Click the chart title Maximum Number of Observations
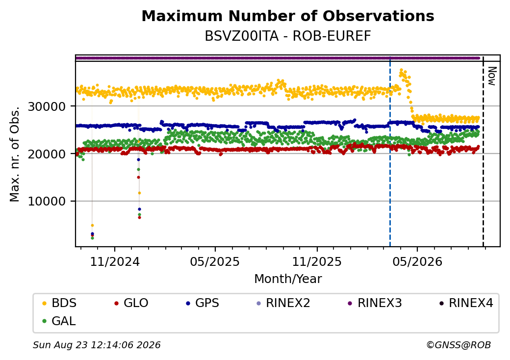[288, 16]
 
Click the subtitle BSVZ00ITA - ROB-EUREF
[288, 36]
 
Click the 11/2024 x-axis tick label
[114, 262]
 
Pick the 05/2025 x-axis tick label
[215, 262]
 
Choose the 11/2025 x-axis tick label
[317, 262]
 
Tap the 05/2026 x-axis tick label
[418, 262]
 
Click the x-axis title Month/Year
[288, 279]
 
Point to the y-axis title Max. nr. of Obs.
[15, 154]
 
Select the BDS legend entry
[59, 303]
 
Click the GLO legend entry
[131, 303]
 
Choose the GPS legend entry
[203, 303]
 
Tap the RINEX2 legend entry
[283, 303]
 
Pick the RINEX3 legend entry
[375, 303]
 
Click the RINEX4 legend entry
[466, 303]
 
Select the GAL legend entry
[59, 321]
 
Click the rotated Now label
[492, 76]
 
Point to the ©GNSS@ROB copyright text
[459, 345]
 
